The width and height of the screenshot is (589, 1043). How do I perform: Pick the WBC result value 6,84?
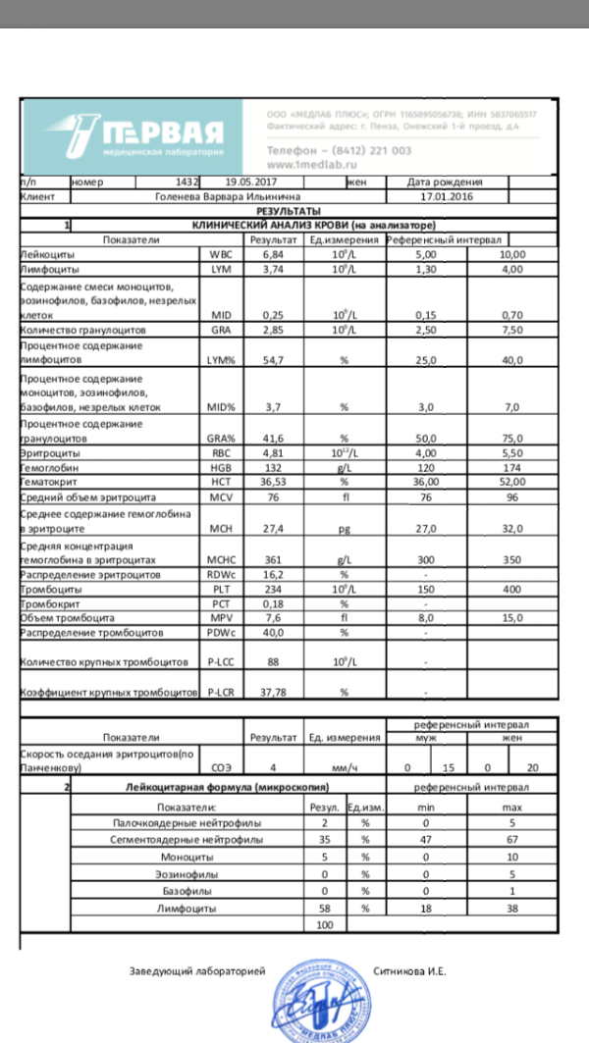coord(272,254)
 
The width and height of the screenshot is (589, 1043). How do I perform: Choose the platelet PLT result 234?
coord(272,589)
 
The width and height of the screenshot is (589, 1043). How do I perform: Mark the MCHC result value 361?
coord(272,560)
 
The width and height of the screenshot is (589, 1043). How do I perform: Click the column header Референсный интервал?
coord(444,239)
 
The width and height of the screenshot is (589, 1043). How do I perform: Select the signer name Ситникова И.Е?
coord(410,971)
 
